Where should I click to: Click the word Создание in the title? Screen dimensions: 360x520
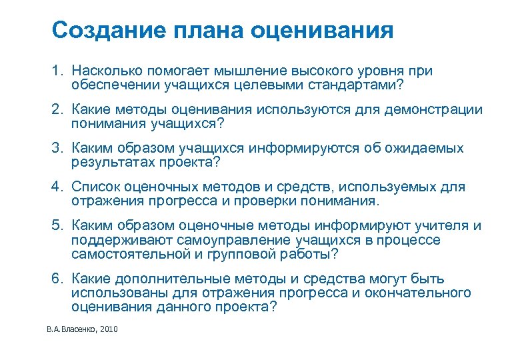[x=104, y=30]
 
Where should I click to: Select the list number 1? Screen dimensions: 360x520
[x=58, y=70]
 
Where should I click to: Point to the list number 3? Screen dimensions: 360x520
[x=58, y=148]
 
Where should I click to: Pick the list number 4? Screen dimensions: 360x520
[x=58, y=187]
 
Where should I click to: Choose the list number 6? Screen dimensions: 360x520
[x=58, y=278]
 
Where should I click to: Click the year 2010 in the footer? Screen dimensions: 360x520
[x=107, y=330]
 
